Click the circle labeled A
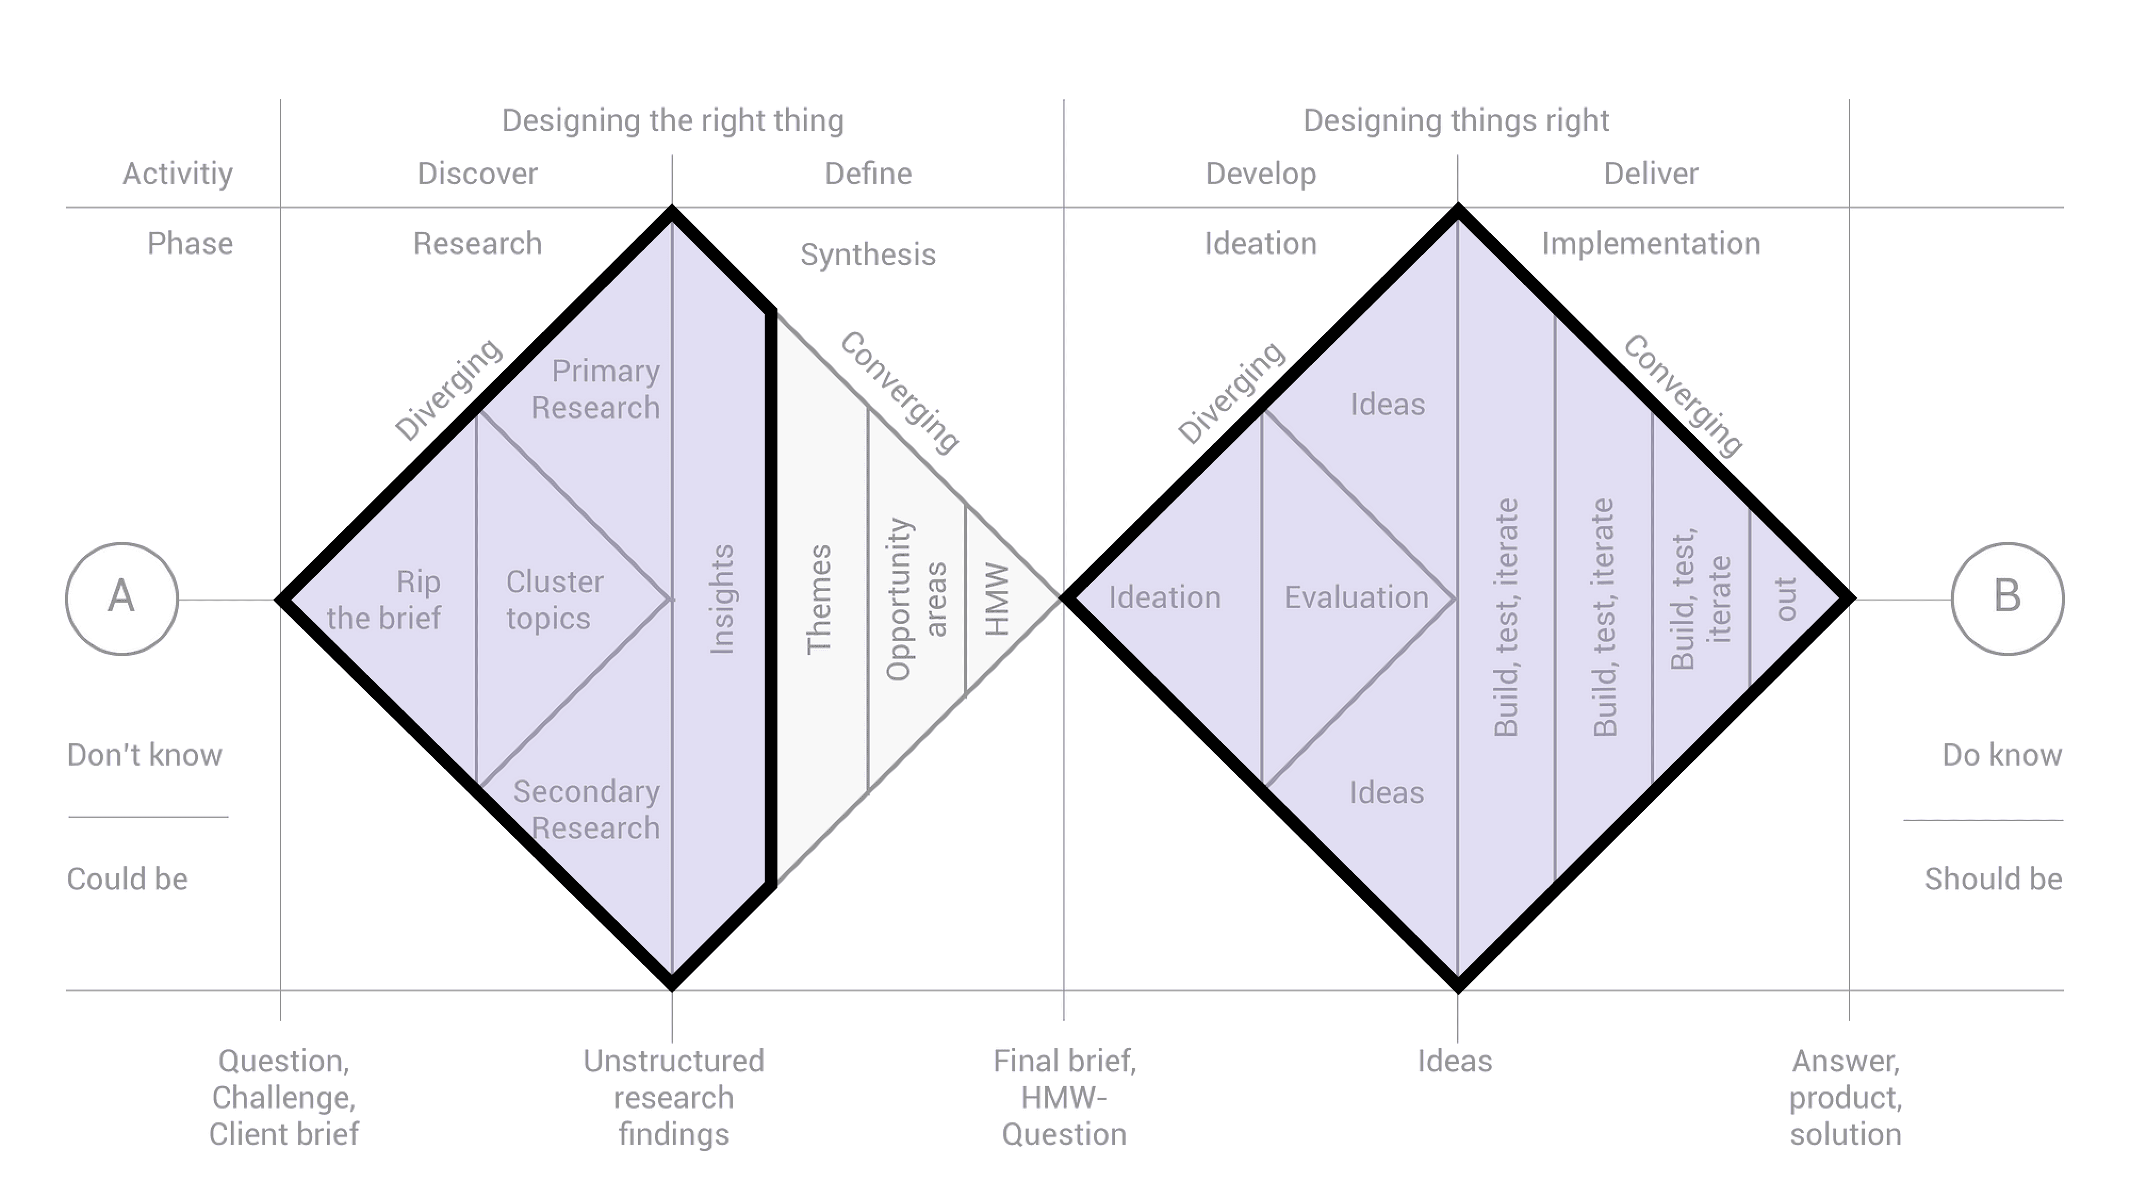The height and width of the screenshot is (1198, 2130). [121, 598]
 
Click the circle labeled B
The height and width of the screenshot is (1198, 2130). [2007, 598]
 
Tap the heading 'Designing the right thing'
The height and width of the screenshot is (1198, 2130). [672, 121]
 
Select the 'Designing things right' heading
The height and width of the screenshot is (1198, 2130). [1455, 121]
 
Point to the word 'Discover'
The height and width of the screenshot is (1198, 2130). [477, 174]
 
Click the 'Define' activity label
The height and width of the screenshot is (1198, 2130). [868, 174]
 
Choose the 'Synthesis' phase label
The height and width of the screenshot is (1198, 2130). [867, 255]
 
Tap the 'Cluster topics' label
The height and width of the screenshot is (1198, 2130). [554, 600]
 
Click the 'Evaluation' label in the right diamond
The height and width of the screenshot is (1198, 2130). [1356, 597]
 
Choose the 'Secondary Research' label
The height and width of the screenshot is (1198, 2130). [587, 809]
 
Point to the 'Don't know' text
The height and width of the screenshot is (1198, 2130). [145, 755]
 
